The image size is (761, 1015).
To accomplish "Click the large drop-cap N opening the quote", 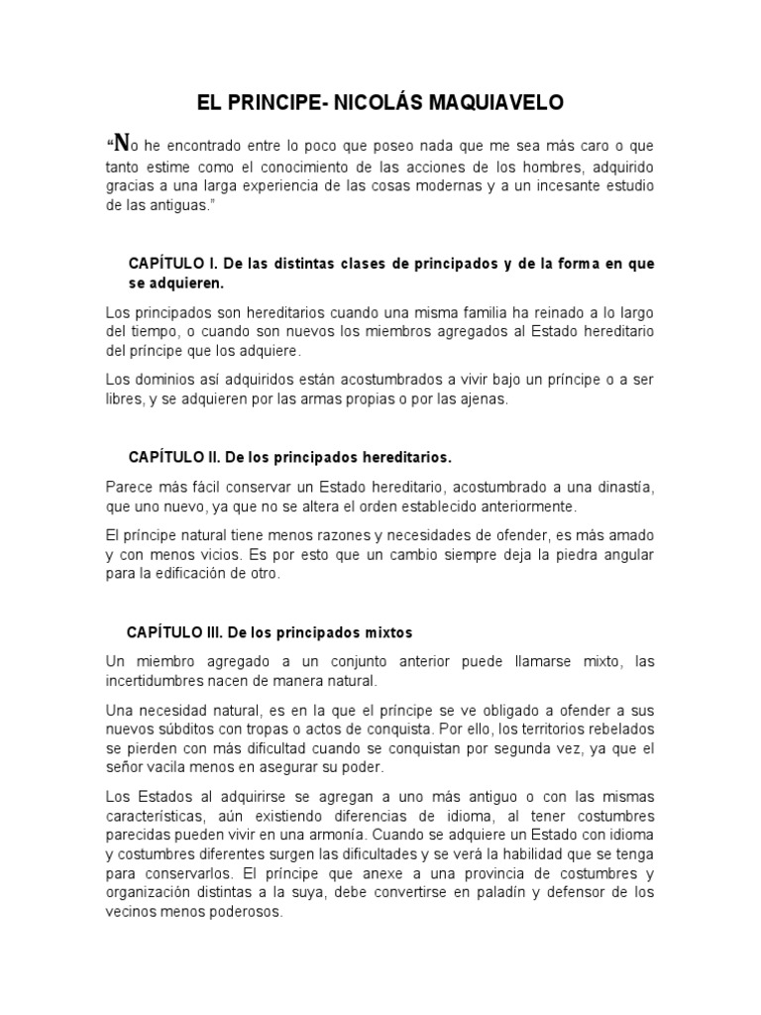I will point(120,141).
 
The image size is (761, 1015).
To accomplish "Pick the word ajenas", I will point(481,398).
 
